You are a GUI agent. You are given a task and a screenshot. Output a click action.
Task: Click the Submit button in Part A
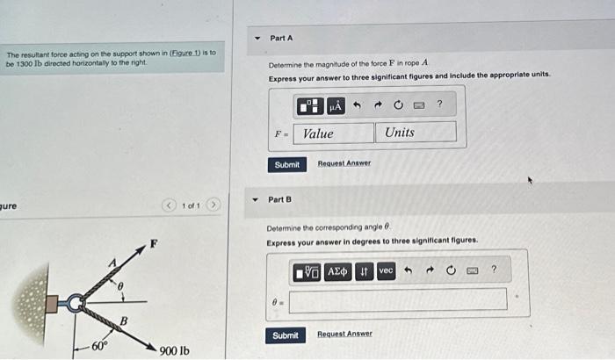[x=286, y=165]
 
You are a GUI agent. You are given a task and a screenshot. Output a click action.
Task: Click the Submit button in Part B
[x=285, y=335]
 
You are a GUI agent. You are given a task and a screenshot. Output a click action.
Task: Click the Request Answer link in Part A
[x=344, y=163]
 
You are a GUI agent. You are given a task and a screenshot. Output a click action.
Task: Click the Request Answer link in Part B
[x=344, y=334]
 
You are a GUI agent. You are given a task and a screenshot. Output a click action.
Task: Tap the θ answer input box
[x=397, y=299]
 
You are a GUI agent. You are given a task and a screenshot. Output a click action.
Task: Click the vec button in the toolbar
[x=386, y=271]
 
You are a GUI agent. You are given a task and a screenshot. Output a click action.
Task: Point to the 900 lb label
[x=174, y=350]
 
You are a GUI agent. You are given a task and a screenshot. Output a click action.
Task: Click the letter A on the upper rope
[x=112, y=263]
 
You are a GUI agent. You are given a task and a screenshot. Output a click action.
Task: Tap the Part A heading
[x=281, y=39]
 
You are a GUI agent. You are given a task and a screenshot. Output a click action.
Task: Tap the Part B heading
[x=279, y=200]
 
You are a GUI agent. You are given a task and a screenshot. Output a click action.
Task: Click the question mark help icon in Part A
[x=439, y=105]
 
